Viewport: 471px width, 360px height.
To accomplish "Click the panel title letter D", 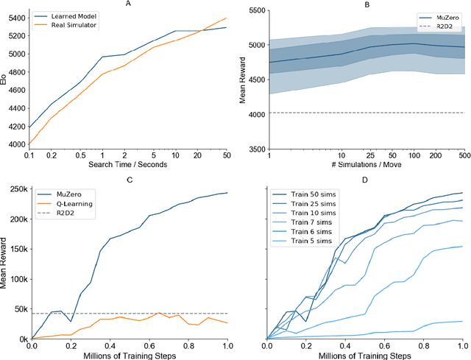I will tap(365, 178).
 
